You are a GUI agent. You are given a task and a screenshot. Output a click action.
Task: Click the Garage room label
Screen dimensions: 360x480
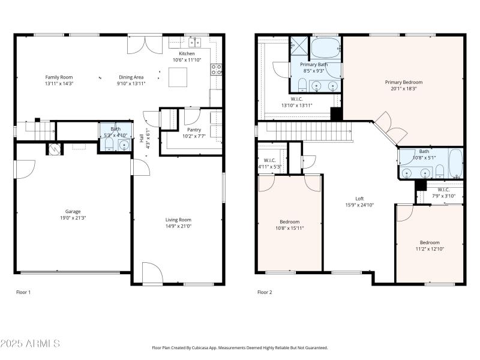[73, 211]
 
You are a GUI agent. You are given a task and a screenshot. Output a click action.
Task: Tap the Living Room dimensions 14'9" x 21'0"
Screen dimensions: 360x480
[178, 226]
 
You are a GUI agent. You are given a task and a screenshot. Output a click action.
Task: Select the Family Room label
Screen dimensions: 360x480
[59, 77]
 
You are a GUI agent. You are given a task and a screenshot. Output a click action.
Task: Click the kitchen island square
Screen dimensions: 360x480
[178, 77]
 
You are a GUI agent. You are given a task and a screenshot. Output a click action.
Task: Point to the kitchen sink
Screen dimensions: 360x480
[194, 42]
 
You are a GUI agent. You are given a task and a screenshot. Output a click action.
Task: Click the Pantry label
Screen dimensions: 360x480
[194, 130]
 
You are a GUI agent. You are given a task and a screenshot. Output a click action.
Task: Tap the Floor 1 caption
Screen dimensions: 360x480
[23, 292]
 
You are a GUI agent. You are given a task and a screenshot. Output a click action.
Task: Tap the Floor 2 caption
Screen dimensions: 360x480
[265, 292]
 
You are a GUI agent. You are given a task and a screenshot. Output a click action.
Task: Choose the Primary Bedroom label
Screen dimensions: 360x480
[403, 82]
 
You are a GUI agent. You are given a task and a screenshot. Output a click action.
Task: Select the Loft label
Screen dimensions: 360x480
[359, 199]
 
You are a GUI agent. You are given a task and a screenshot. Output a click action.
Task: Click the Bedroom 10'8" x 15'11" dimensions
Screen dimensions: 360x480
[289, 227]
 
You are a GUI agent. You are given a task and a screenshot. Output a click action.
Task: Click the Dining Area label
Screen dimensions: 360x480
[130, 77]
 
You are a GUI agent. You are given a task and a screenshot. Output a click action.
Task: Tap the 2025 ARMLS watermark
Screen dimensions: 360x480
[30, 344]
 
